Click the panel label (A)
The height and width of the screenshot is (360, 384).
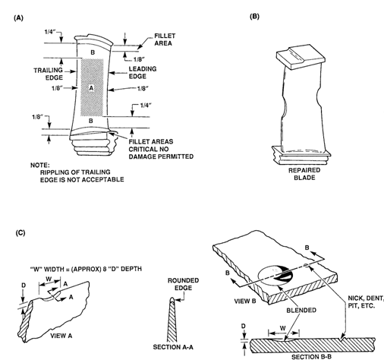click(18, 17)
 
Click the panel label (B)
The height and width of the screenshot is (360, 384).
click(254, 17)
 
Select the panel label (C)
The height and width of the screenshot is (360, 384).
click(20, 232)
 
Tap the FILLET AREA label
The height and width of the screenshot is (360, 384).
click(165, 39)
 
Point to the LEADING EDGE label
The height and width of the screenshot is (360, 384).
click(143, 72)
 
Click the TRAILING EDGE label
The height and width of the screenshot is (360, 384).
click(49, 74)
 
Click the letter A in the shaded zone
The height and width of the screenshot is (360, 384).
click(91, 88)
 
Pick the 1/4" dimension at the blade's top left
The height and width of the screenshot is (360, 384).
click(50, 32)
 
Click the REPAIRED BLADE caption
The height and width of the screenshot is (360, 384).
click(304, 174)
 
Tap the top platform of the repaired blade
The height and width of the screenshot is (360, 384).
click(300, 56)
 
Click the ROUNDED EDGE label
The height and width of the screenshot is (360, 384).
click(184, 284)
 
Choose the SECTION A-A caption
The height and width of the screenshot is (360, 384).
click(173, 347)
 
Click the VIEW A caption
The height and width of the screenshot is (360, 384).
click(61, 336)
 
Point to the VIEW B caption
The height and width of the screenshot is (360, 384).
click(245, 301)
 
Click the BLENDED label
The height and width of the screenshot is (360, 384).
click(301, 310)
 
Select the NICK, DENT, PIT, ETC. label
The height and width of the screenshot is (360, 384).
click(366, 302)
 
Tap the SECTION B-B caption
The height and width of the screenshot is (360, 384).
click(312, 357)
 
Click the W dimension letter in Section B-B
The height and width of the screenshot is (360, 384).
click(283, 328)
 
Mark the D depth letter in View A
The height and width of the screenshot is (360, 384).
click(24, 286)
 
